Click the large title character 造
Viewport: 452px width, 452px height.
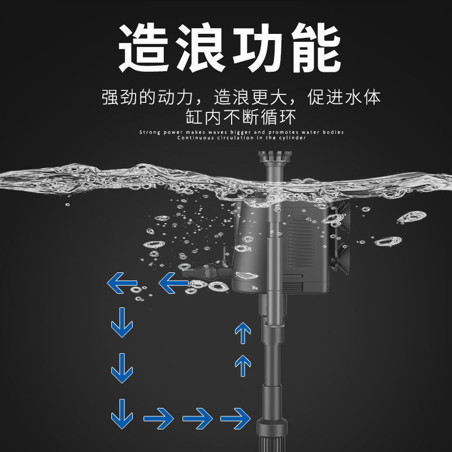[x=144, y=47]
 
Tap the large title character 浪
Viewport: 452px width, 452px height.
[x=201, y=47]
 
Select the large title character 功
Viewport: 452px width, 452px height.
[x=258, y=47]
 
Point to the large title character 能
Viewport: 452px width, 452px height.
[x=316, y=47]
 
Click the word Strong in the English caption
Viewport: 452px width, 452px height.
[x=150, y=132]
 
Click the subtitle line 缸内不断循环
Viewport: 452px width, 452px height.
[x=241, y=117]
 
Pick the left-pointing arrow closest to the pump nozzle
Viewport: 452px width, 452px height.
[x=173, y=283]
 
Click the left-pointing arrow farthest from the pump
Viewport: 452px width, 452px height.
[x=122, y=283]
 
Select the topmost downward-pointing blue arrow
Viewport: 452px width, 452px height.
[x=122, y=322]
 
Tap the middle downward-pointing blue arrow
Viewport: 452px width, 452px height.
[x=122, y=368]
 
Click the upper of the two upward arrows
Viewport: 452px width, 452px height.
[x=243, y=333]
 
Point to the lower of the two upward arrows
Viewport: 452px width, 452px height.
[x=243, y=366]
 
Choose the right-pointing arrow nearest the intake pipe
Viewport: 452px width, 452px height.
[x=235, y=418]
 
